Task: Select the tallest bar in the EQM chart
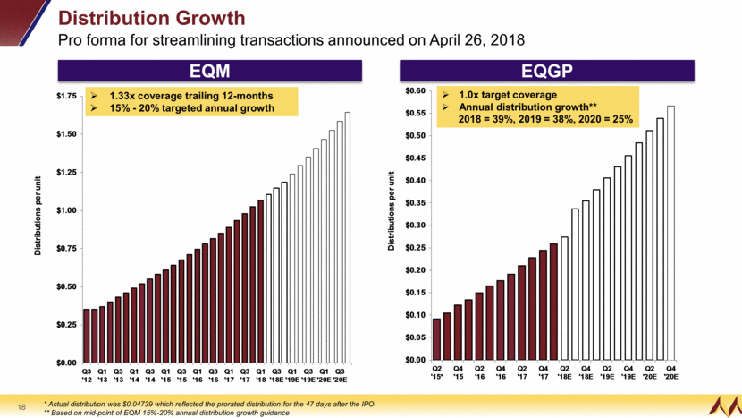[348, 237]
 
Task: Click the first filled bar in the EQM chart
[87, 336]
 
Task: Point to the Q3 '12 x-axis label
[87, 374]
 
